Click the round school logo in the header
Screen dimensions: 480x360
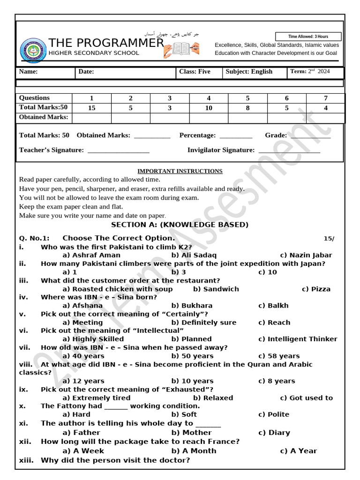point(33,51)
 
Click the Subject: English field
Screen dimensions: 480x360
point(249,72)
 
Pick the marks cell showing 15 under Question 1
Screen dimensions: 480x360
point(91,108)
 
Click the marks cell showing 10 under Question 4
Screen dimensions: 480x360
point(209,108)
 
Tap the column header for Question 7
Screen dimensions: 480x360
point(325,98)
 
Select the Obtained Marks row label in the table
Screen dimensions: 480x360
point(44,117)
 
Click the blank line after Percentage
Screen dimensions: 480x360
point(235,136)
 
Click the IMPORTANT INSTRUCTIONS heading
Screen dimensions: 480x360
point(180,171)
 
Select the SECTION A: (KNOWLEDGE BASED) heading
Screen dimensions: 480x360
point(180,225)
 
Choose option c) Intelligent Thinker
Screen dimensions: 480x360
point(297,339)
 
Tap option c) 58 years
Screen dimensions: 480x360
point(278,356)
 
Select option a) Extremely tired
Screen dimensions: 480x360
point(96,398)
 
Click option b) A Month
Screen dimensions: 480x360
point(194,451)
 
